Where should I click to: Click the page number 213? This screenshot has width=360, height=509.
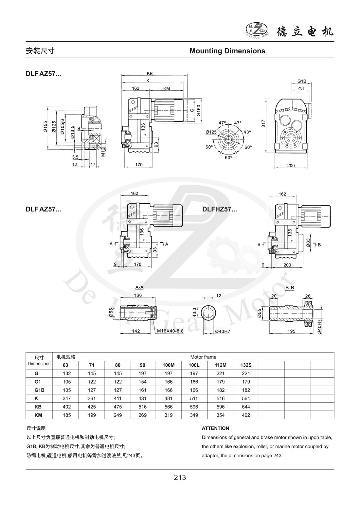180,478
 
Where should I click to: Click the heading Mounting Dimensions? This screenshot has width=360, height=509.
227,51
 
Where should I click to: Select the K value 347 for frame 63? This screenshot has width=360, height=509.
66,398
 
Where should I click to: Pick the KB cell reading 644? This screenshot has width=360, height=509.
246,407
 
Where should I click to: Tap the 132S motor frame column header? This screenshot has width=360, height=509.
246,365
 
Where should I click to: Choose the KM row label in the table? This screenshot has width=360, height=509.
38,415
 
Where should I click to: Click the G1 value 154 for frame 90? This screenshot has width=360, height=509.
143,382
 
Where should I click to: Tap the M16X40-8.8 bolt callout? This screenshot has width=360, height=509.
171,331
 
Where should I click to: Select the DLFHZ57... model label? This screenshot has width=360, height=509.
219,209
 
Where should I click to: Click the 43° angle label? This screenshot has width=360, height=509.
247,132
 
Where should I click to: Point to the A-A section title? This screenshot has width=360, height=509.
139,287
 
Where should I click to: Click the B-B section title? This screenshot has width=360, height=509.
290,287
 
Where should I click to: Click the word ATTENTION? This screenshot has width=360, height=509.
215,428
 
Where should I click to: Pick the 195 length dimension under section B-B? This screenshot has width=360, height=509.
291,331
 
